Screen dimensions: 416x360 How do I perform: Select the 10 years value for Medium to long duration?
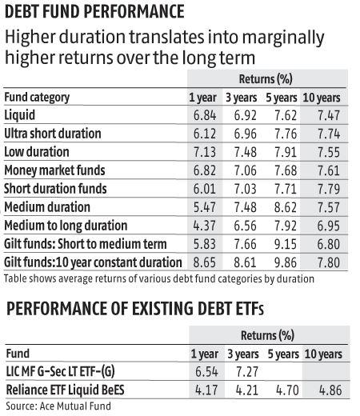pyautogui.click(x=323, y=225)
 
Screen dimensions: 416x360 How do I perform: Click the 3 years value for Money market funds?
pyautogui.click(x=243, y=170)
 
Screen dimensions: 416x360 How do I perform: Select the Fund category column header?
pyautogui.click(x=38, y=98)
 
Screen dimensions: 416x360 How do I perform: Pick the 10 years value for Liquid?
pyautogui.click(x=323, y=116)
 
